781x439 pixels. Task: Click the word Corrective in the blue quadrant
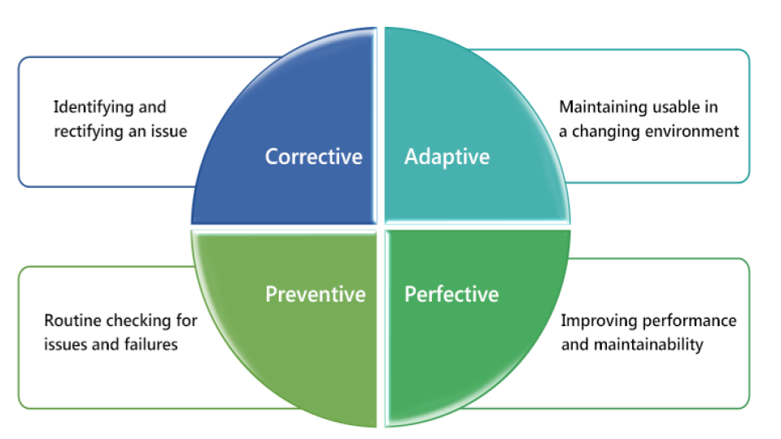(x=314, y=157)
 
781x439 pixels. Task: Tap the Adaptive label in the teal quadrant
(x=447, y=158)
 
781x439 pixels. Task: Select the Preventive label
(x=316, y=294)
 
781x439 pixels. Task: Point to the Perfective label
(x=452, y=294)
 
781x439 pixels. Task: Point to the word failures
(x=151, y=345)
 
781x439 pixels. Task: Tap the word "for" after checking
(x=187, y=320)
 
